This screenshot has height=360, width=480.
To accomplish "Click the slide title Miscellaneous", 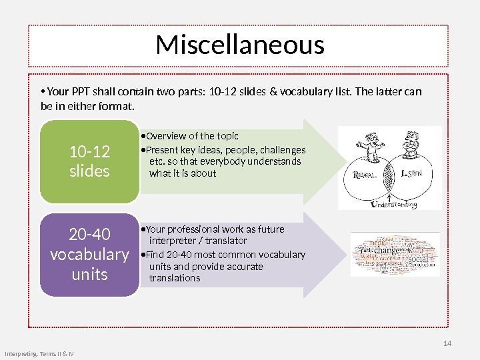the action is (x=240, y=46).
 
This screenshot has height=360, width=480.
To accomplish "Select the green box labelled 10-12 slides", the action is (x=89, y=161).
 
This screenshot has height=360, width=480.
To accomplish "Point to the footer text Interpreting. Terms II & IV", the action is (x=39, y=353).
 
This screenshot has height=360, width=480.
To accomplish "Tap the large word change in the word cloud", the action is (x=387, y=250).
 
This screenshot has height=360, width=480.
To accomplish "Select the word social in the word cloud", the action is (x=418, y=258).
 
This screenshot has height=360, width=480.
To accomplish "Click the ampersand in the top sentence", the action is (x=274, y=92).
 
